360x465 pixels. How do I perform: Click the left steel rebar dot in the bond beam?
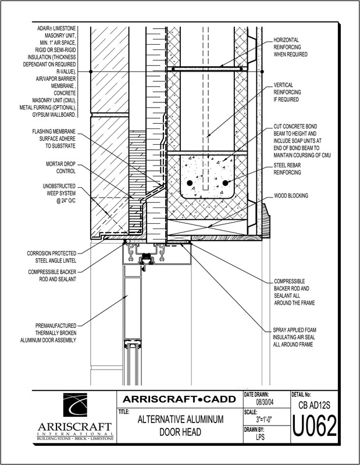pos(190,183)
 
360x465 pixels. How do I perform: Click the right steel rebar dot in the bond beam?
pos(224,183)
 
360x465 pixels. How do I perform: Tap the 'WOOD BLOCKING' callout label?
pos(291,196)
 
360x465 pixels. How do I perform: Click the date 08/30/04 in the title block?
pos(264,402)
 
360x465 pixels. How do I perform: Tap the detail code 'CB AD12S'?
pos(314,403)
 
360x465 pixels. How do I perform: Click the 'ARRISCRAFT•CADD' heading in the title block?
pos(177,398)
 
